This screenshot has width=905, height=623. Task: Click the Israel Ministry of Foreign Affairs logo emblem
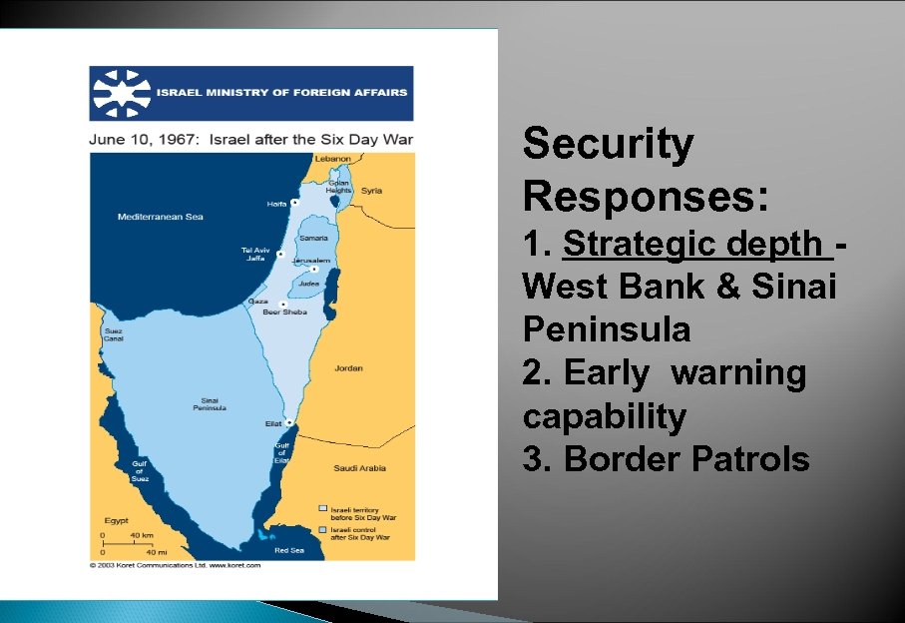[x=121, y=94]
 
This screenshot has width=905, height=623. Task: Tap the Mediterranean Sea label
[x=160, y=217]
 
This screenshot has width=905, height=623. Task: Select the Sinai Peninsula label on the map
[x=212, y=404]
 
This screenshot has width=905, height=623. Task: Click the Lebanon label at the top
[x=332, y=159]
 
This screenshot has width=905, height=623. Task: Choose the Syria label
[x=371, y=190]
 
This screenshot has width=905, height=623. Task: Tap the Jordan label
[x=348, y=368]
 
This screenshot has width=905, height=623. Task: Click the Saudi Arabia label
[x=359, y=468]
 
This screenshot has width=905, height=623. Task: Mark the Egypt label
[x=116, y=520]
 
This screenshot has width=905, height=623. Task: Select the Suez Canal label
[x=113, y=333]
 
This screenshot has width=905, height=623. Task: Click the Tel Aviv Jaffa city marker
[x=280, y=255]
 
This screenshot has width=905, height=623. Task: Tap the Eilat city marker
[x=288, y=422]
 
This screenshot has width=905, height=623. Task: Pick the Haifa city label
[x=276, y=204]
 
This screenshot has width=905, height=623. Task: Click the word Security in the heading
[x=608, y=144]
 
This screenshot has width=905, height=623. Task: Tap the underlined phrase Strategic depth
[x=695, y=244]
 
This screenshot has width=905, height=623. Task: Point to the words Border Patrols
[x=686, y=459]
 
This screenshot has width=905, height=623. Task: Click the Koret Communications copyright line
[x=175, y=565]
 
